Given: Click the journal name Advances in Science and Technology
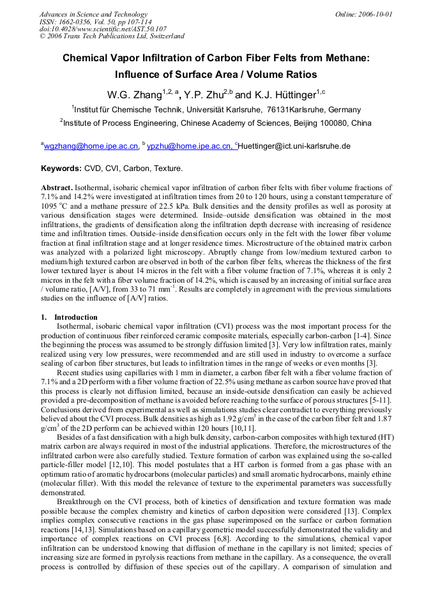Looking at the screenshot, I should click(x=93, y=14).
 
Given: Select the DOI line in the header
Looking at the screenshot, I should click(x=103, y=29).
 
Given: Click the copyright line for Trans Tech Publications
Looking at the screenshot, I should click(x=112, y=36).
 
